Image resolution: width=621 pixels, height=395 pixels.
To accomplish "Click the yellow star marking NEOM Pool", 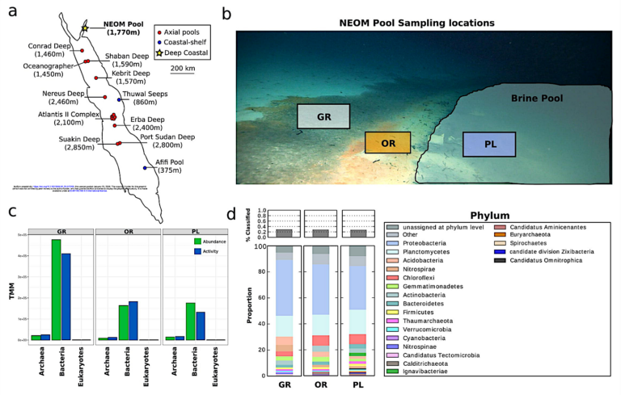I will pos(84,29).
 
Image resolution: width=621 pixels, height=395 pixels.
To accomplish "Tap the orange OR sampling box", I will pos(387,142).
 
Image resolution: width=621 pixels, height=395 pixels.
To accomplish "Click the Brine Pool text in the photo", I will pos(537,98).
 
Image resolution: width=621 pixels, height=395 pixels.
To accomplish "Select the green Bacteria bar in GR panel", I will pos(56,289).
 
